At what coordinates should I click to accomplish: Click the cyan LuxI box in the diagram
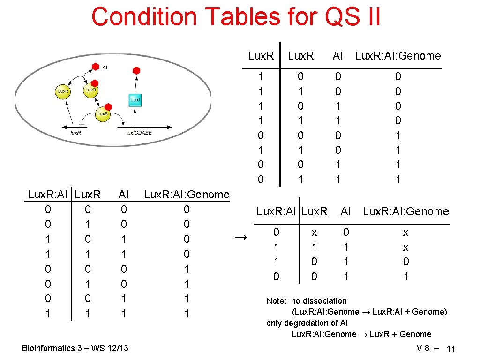(x=135, y=100)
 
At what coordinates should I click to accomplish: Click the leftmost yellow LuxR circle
(x=63, y=91)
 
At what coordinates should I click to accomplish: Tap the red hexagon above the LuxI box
(x=136, y=71)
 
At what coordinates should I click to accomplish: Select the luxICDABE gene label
(x=139, y=133)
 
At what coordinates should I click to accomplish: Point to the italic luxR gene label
(x=75, y=133)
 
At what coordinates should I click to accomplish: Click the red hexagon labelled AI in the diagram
(x=95, y=67)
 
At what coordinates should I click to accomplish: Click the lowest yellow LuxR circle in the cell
(x=103, y=114)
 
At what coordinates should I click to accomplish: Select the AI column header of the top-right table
(x=337, y=56)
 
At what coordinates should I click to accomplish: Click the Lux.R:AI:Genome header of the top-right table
(x=398, y=56)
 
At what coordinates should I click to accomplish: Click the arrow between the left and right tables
(x=240, y=238)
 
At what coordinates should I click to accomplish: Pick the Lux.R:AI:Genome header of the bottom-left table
(x=187, y=194)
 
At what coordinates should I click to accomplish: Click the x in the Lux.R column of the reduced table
(x=314, y=232)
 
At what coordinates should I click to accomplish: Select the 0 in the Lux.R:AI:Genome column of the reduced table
(x=406, y=262)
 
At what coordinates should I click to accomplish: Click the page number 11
(x=451, y=349)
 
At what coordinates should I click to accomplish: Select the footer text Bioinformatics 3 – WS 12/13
(x=75, y=348)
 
